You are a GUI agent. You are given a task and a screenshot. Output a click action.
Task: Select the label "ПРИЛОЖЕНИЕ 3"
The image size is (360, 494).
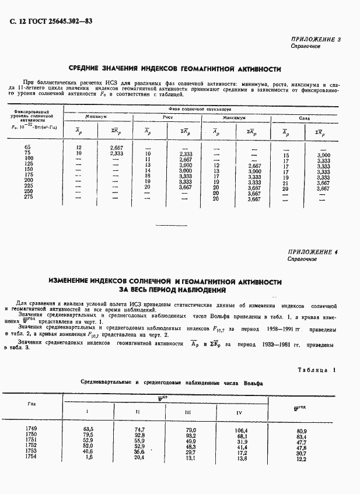(315, 40)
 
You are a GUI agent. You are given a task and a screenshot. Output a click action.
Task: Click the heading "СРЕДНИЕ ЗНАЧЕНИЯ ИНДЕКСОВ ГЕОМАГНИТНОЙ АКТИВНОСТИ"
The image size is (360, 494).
(176, 68)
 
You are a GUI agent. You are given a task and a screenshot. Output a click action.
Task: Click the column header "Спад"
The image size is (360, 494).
(305, 118)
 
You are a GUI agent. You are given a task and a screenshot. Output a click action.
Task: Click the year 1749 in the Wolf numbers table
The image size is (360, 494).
(31, 429)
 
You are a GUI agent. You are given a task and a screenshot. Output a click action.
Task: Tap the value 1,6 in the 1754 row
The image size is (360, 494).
(89, 458)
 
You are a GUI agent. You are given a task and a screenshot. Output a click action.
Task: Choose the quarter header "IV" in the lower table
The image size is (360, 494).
(239, 412)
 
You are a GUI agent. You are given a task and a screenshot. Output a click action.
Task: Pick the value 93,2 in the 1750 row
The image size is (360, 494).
(191, 436)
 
